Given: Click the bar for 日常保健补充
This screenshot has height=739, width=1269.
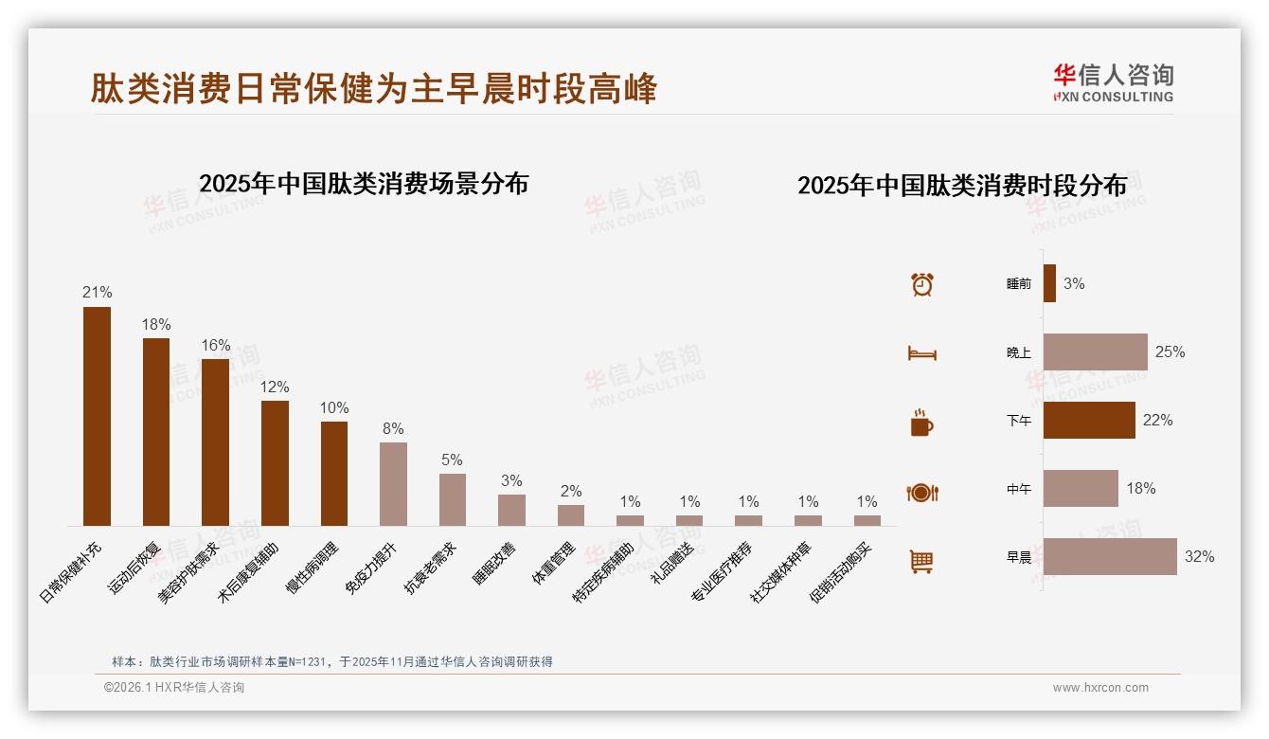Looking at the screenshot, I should pos(97,416).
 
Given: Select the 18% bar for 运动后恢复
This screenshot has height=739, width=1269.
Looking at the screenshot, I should pos(156,432).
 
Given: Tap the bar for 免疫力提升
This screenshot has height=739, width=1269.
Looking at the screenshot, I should pos(393,484).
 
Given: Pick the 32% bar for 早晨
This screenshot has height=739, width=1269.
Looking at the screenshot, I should pos(1110,557).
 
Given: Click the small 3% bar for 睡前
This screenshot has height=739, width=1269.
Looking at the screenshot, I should pos(1049,283).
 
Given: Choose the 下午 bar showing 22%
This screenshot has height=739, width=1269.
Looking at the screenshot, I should pos(1089,421).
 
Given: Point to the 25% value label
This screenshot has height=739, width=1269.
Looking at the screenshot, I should pos(1170,352).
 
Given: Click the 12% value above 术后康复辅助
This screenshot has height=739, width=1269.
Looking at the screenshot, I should pos(275,387).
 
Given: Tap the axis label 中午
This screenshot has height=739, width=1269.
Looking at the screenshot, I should pos(1019,490).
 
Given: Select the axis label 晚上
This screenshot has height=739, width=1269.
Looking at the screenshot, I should pos(1019,352).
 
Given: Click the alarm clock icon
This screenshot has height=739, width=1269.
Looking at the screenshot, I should pos(922,284).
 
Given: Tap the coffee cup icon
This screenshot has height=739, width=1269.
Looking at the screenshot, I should pos(921,423).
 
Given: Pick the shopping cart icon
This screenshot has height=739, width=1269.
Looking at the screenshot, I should pos(921,561).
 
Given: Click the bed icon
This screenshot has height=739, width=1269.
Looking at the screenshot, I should pos(921,353).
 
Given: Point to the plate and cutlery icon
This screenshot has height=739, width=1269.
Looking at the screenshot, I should pos(921,493).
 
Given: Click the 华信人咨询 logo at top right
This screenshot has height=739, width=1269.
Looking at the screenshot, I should pos(1113,83).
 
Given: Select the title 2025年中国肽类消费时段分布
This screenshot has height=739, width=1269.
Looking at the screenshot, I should pos(962,186).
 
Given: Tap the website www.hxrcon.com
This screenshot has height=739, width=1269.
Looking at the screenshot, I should pos(1100,688).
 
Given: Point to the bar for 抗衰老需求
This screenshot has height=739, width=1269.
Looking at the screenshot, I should pos(453,499).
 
